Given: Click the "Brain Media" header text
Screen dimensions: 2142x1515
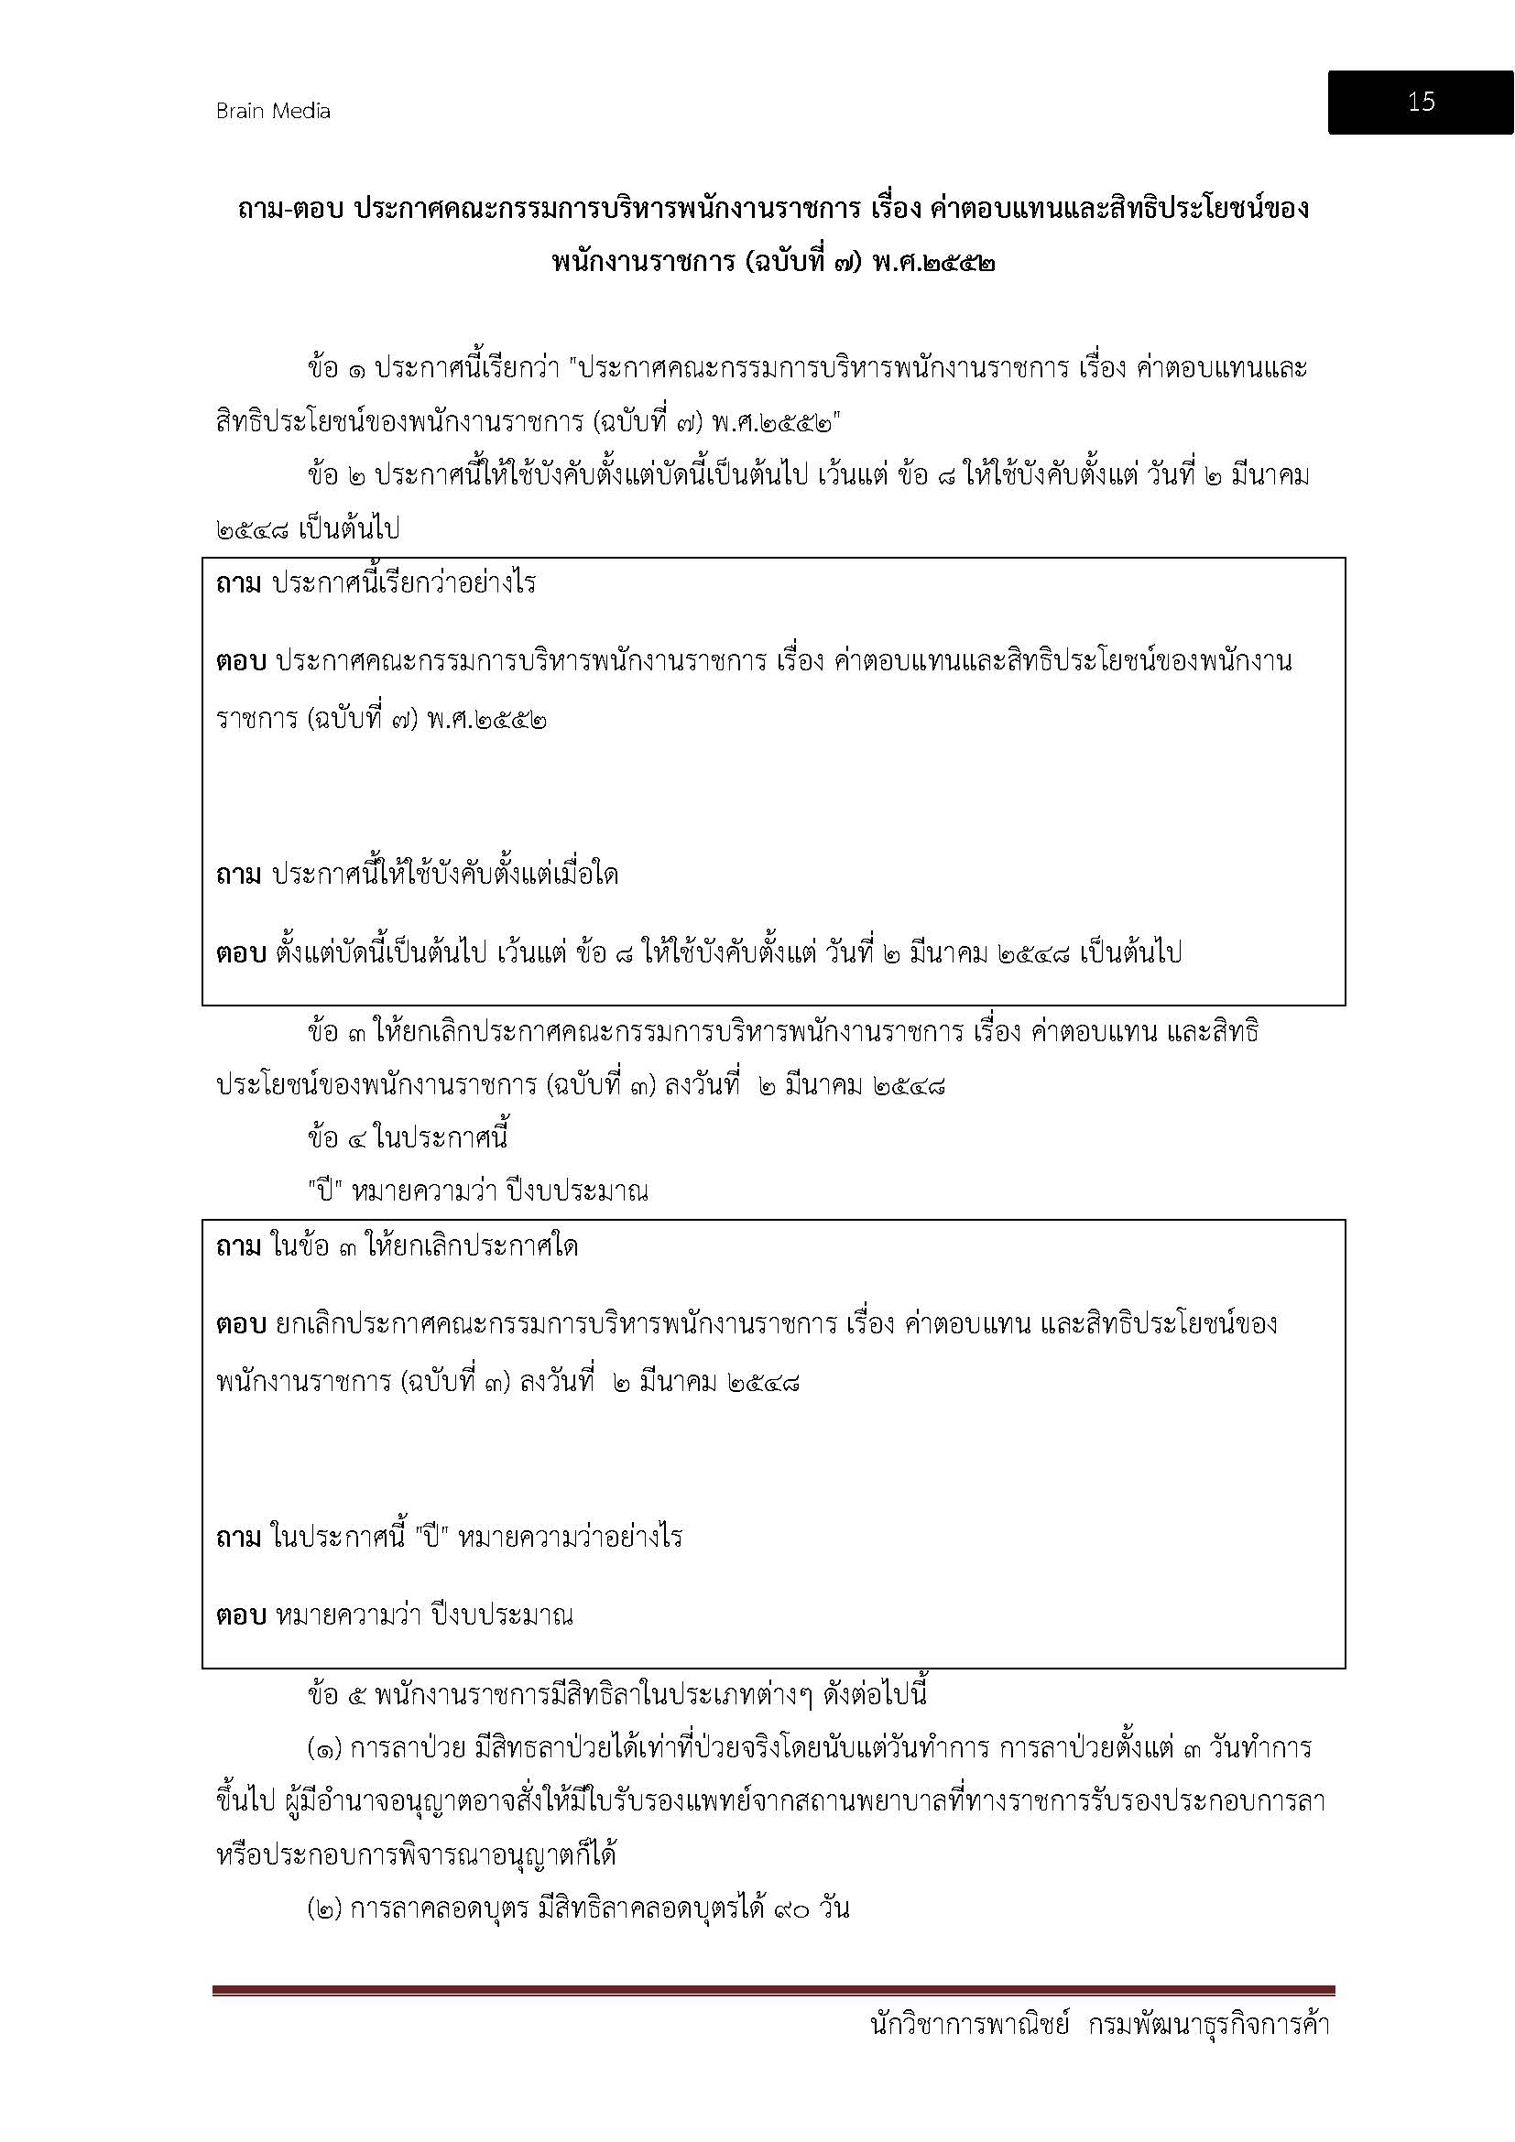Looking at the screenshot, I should (273, 111).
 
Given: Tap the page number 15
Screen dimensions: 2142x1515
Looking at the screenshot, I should (1421, 102).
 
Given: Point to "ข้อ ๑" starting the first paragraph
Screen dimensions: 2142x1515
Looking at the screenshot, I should (336, 368).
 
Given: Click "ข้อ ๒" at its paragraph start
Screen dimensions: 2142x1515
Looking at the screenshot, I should (336, 476).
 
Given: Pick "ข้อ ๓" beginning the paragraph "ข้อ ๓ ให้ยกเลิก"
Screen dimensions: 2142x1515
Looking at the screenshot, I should (336, 1033).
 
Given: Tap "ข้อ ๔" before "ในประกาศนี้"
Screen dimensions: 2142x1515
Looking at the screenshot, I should (336, 1138).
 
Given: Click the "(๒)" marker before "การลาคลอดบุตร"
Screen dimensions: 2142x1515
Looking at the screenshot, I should (323, 1908).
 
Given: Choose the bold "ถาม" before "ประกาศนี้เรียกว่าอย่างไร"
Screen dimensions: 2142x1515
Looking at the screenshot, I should (239, 585).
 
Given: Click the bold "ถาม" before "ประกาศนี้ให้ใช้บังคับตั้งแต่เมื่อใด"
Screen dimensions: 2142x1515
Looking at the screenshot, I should (239, 875).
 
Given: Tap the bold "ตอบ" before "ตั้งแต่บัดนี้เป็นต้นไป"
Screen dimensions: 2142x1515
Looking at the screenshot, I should (242, 953).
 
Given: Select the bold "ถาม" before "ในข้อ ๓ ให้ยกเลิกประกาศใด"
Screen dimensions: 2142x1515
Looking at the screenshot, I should (239, 1247).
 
